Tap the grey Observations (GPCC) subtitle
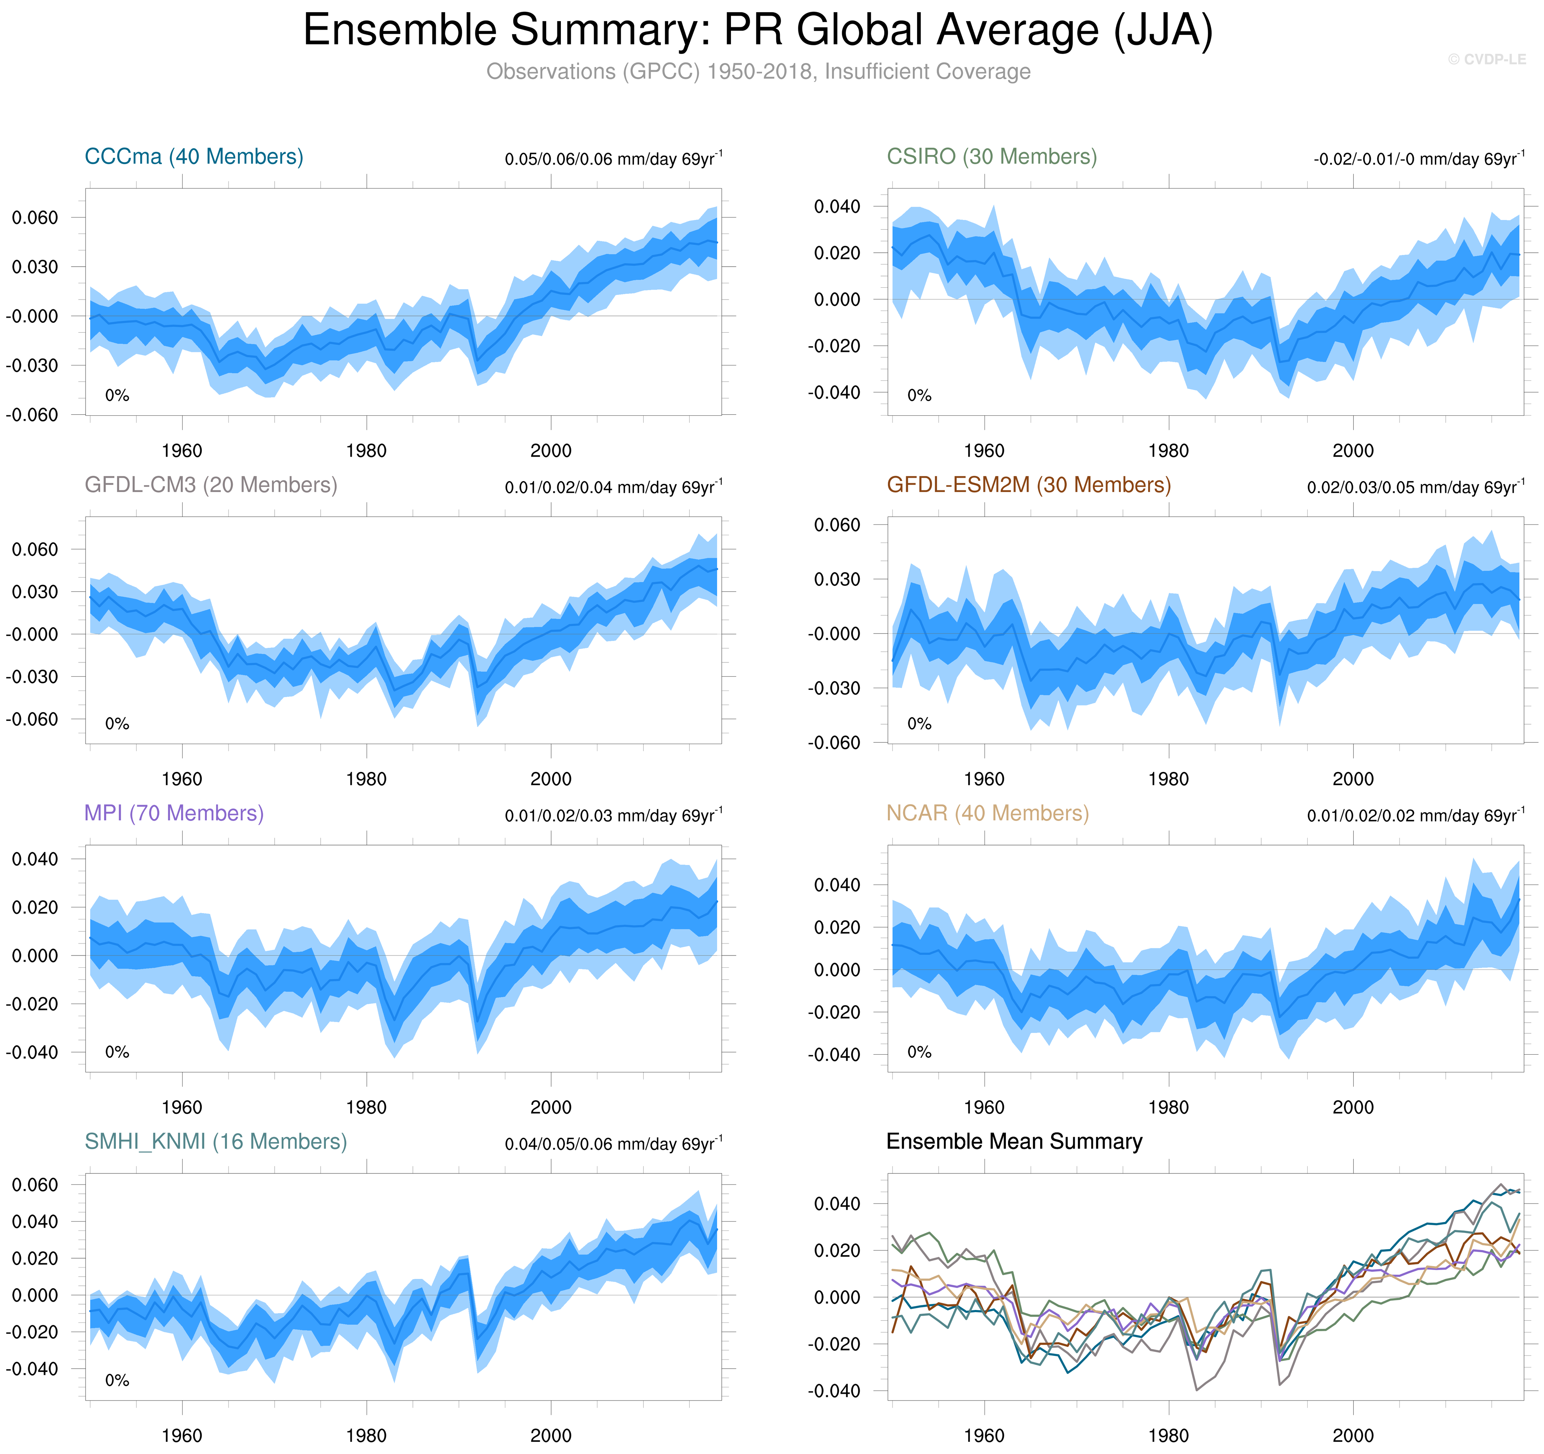[758, 71]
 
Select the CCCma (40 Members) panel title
[193, 157]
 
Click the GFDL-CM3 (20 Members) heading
[210, 486]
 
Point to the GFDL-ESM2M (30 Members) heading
[1028, 486]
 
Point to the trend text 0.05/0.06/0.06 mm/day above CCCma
[613, 159]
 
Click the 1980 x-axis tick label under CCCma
[366, 451]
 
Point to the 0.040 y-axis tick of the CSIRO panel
[837, 206]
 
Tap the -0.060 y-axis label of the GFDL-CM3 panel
[32, 719]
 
